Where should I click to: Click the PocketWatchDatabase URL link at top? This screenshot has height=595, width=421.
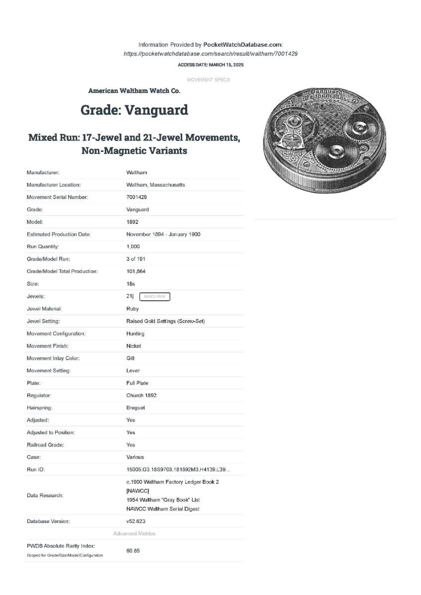coord(210,54)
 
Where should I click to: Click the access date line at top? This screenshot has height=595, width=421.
coord(210,65)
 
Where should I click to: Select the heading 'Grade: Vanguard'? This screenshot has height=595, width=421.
coord(134,110)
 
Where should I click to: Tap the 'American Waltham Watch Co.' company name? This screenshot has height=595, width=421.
coord(134,91)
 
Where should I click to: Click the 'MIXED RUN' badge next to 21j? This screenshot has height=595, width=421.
coord(154,297)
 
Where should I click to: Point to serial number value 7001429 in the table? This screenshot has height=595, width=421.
coord(137,197)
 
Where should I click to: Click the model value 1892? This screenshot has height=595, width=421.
coord(132,222)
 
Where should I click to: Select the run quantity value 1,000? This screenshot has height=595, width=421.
coord(133,247)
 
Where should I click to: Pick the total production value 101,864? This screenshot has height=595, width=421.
coord(136,271)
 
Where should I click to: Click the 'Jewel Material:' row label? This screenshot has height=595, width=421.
coord(44,309)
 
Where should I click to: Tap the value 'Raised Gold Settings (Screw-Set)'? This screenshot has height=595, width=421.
coord(165,321)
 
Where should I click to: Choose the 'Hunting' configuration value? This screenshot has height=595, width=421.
coord(136,333)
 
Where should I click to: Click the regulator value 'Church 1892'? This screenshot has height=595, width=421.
coord(141,396)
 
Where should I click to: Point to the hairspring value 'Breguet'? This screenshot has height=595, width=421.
coord(136,408)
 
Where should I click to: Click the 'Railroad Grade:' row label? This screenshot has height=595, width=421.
coord(46,445)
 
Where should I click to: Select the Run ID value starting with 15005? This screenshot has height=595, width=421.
coord(178,469)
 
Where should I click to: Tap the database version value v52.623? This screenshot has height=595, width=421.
coord(136,521)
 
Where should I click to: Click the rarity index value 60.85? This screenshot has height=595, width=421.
coord(133,550)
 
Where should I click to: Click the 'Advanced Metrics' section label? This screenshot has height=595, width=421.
coord(134,533)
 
